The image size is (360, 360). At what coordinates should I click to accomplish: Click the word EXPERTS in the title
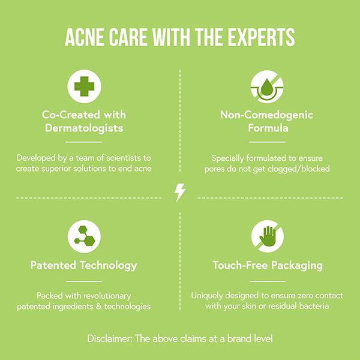click(x=261, y=37)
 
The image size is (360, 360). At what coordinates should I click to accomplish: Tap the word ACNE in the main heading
click(x=85, y=37)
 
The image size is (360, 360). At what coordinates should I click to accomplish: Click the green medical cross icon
click(x=84, y=86)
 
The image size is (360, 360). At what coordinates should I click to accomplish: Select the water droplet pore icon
click(x=267, y=87)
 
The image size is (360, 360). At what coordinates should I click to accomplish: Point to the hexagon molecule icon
click(x=84, y=236)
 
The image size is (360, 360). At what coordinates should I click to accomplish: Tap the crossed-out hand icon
click(x=267, y=236)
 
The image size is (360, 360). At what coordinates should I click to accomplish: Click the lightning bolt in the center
click(x=180, y=193)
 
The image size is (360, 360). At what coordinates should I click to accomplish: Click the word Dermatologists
click(x=84, y=128)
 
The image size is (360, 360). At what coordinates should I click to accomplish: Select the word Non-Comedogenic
click(x=267, y=115)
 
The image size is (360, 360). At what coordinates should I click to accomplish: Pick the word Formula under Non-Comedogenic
click(x=268, y=128)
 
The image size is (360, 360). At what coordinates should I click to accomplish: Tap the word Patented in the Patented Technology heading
click(x=53, y=265)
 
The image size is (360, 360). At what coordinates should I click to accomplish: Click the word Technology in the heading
click(x=109, y=266)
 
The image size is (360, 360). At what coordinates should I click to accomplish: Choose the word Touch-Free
click(x=240, y=265)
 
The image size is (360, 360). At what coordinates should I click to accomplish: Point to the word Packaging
click(x=297, y=266)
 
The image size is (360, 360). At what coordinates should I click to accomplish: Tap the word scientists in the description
click(x=124, y=158)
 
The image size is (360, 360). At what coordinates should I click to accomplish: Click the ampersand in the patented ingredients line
click(x=99, y=306)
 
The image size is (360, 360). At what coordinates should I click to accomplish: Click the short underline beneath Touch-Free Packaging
click(x=268, y=281)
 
